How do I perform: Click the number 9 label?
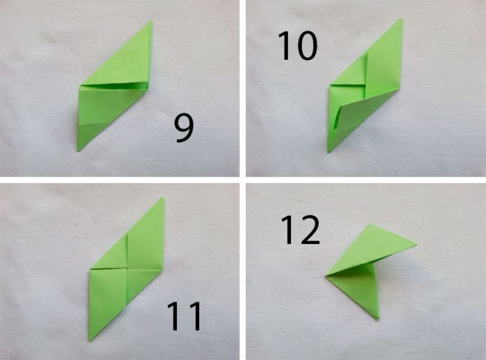184,129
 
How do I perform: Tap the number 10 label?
297,46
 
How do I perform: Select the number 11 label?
185,316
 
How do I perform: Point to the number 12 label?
300,229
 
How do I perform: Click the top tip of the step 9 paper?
151,22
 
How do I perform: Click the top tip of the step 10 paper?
402,19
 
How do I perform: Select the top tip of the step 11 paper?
162,197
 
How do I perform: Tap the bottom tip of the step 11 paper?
90,341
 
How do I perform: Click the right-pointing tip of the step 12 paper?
417,245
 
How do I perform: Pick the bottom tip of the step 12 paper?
378,319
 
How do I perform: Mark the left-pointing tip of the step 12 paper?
326,276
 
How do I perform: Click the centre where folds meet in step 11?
127,268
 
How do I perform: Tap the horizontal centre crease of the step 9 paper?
112,86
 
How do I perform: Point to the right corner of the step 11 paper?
162,271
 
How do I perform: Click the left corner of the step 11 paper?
90,269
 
